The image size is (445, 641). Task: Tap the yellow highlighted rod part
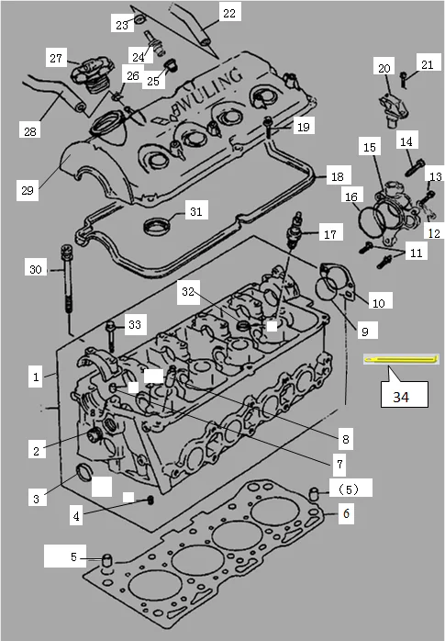pos(401,359)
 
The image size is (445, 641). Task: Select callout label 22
pos(228,13)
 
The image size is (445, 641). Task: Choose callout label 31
pos(194,212)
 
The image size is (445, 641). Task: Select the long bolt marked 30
pos(67,289)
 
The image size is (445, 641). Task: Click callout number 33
pos(135,324)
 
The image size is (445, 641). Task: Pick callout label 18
pos(338,175)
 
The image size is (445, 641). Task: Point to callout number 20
pos(384,69)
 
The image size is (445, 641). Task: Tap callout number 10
pos(376,301)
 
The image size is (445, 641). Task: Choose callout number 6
pos(345,515)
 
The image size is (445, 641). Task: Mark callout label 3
pos(35,499)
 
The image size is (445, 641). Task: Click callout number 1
pos(35,377)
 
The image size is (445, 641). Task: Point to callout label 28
pos(30,131)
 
